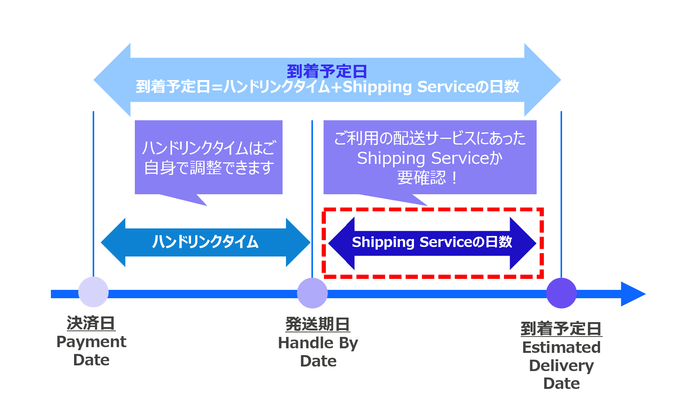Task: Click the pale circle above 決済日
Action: pyautogui.click(x=93, y=292)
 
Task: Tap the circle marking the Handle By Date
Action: pyautogui.click(x=312, y=293)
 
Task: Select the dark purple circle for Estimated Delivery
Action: pyautogui.click(x=561, y=293)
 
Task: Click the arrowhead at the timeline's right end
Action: pyautogui.click(x=632, y=294)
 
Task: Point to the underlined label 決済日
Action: pyautogui.click(x=91, y=323)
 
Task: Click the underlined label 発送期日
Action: pyautogui.click(x=318, y=324)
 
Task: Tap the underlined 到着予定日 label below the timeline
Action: pyautogui.click(x=561, y=329)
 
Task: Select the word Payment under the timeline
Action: pyautogui.click(x=91, y=342)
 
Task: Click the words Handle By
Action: pyautogui.click(x=318, y=343)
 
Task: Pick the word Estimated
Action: pyautogui.click(x=561, y=348)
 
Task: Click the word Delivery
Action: pyautogui.click(x=561, y=366)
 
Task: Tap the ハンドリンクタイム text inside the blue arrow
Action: pyautogui.click(x=205, y=242)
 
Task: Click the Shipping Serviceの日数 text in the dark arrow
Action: pyautogui.click(x=432, y=242)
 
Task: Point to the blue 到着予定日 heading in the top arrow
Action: pyautogui.click(x=327, y=71)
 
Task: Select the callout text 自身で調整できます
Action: pyautogui.click(x=209, y=168)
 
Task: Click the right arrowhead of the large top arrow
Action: pyautogui.click(x=542, y=80)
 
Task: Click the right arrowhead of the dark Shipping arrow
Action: pyautogui.click(x=522, y=243)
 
